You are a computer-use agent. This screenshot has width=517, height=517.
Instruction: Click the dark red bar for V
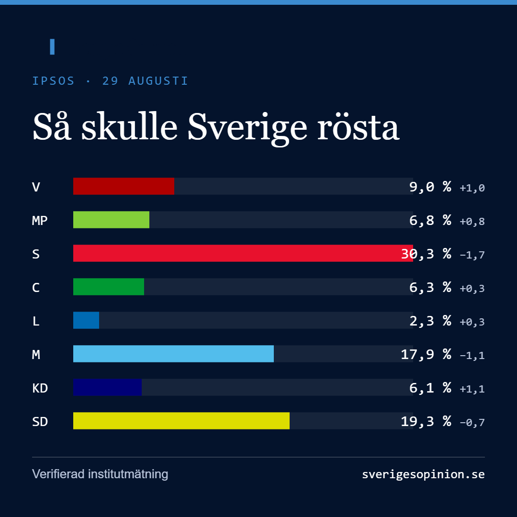[x=124, y=186]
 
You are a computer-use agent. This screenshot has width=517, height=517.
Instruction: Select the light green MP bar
[x=111, y=220]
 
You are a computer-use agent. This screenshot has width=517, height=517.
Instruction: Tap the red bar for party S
[x=243, y=253]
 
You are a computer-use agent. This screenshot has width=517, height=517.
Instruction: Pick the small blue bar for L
[x=86, y=320]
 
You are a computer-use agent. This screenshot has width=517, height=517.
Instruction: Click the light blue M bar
[x=173, y=354]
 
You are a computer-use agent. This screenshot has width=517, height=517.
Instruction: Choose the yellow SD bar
[x=181, y=421]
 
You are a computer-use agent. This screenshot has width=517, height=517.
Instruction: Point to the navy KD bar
[x=108, y=387]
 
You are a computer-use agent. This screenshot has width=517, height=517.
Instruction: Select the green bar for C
[x=109, y=287]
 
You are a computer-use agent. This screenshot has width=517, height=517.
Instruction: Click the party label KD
[x=40, y=388]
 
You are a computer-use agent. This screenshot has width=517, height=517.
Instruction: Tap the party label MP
[x=40, y=220]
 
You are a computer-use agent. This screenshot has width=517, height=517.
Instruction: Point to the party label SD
[x=40, y=422]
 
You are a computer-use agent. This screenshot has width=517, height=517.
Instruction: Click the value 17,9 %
[x=426, y=354]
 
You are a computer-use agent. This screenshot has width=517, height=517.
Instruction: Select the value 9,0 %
[x=430, y=187]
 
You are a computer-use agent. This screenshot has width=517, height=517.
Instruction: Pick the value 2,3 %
[x=430, y=321]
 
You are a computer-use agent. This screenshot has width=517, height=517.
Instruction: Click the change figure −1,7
[x=472, y=255]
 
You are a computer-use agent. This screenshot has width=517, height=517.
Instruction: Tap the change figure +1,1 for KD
[x=472, y=389]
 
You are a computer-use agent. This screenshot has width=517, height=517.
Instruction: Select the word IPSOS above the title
[x=54, y=81]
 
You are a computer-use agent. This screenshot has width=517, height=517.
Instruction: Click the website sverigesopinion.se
[x=423, y=474]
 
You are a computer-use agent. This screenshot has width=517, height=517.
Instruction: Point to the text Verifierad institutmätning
[x=100, y=474]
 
